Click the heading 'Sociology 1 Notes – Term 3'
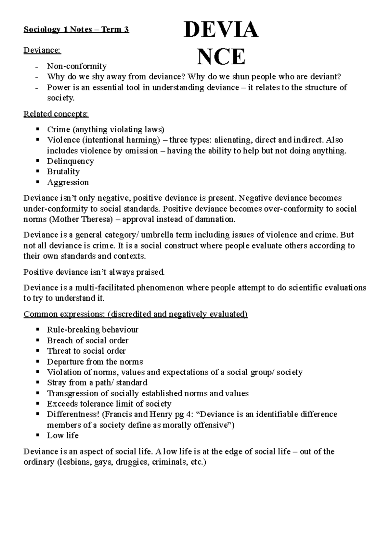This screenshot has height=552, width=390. tap(76, 30)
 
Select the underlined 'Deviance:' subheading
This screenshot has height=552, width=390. tap(42, 50)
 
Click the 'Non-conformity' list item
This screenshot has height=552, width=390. tap(77, 66)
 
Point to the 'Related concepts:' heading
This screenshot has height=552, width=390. tap(56, 114)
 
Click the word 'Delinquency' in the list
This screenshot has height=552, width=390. tap(70, 161)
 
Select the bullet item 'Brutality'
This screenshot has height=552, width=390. tap(63, 172)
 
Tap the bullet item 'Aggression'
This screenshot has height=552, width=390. tap(68, 182)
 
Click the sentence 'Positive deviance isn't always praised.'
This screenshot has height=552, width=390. tap(94, 272)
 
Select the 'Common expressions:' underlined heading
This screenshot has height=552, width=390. tap(64, 314)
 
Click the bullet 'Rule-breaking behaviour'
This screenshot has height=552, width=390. tap(92, 330)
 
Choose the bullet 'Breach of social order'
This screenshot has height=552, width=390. tap(87, 340)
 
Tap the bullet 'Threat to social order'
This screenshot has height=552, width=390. tap(86, 351)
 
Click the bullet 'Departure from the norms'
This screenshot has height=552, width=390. tap(95, 362)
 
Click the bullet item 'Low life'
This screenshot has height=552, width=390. tap(63, 436)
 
